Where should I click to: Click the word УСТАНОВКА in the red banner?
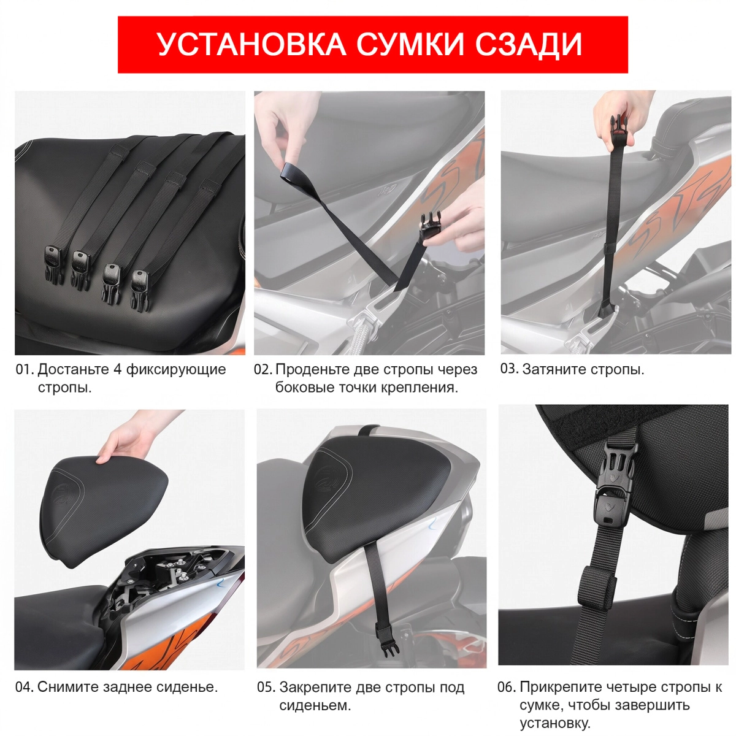click(252, 44)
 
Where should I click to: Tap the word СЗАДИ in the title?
click(528, 44)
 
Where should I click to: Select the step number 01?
click(25, 369)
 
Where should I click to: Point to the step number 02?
click(263, 369)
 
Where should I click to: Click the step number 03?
click(509, 369)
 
